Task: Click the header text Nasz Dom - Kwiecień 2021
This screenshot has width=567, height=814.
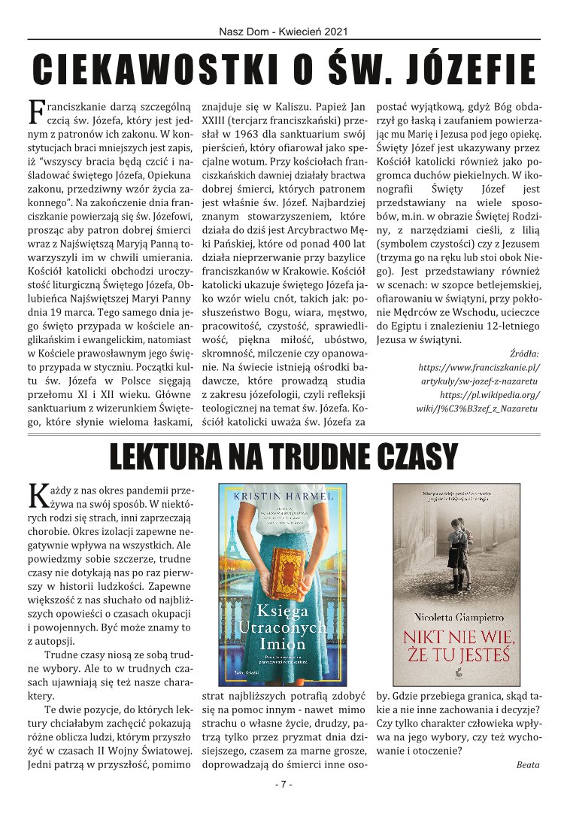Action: (x=283, y=32)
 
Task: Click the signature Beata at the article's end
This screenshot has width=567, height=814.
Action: (x=528, y=764)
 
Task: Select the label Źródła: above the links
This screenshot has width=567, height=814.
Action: (x=523, y=354)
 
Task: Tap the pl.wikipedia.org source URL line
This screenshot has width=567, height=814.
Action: (x=489, y=394)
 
